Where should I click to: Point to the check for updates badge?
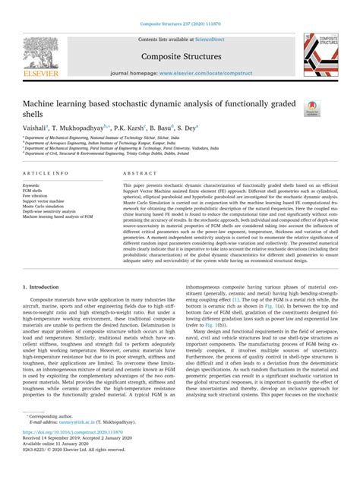click(310, 110)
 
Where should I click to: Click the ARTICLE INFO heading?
click(43, 173)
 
